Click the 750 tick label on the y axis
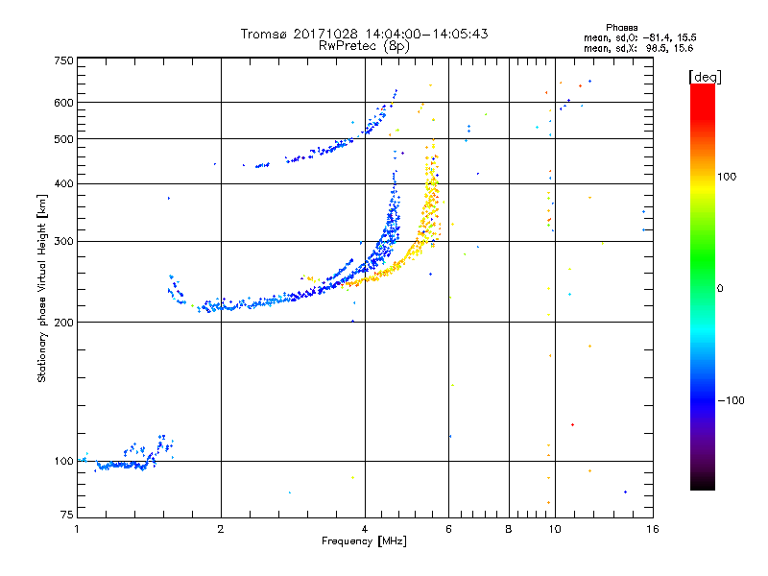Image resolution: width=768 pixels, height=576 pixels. (x=63, y=60)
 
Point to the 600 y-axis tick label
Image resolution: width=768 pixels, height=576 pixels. (x=63, y=102)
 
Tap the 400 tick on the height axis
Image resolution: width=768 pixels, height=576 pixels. (x=63, y=183)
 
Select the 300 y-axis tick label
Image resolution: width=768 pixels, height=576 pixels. (x=63, y=241)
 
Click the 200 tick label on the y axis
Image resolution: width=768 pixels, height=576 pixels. (x=63, y=322)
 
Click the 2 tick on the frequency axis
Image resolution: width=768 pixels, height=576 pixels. (x=221, y=529)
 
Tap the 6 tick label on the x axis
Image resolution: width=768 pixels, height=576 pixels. (x=449, y=529)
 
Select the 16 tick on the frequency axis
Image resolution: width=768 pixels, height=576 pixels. (x=651, y=529)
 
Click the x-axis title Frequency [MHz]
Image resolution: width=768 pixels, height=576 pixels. (x=364, y=542)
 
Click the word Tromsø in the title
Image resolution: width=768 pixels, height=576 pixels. (x=268, y=34)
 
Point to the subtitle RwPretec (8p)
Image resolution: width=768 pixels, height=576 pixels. (x=364, y=45)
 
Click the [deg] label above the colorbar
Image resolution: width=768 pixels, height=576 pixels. (x=705, y=76)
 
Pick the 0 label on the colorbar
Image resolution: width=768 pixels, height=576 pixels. (x=720, y=288)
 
